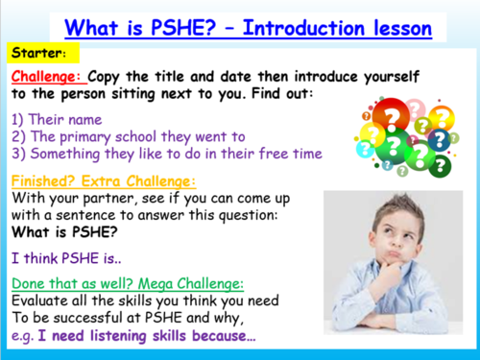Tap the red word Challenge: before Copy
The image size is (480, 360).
[x=48, y=76]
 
